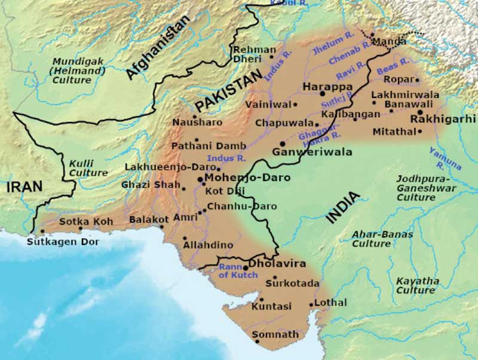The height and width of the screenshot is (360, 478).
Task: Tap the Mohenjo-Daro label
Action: point(247,178)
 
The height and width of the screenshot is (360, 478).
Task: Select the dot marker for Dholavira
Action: point(245,268)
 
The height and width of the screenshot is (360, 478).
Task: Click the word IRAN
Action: point(24,187)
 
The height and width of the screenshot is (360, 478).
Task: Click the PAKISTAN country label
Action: point(229,90)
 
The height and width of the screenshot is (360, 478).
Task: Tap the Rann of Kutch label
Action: point(238,270)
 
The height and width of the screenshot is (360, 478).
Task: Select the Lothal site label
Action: point(330,303)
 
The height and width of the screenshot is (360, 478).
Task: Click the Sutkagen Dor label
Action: point(63,242)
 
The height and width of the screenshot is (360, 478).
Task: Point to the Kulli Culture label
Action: point(88,168)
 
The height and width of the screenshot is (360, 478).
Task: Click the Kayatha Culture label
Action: point(416,285)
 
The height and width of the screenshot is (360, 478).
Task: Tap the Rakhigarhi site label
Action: point(443,119)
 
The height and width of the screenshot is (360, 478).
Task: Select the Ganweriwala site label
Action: point(312,152)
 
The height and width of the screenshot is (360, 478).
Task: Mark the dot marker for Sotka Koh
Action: point(81,228)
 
